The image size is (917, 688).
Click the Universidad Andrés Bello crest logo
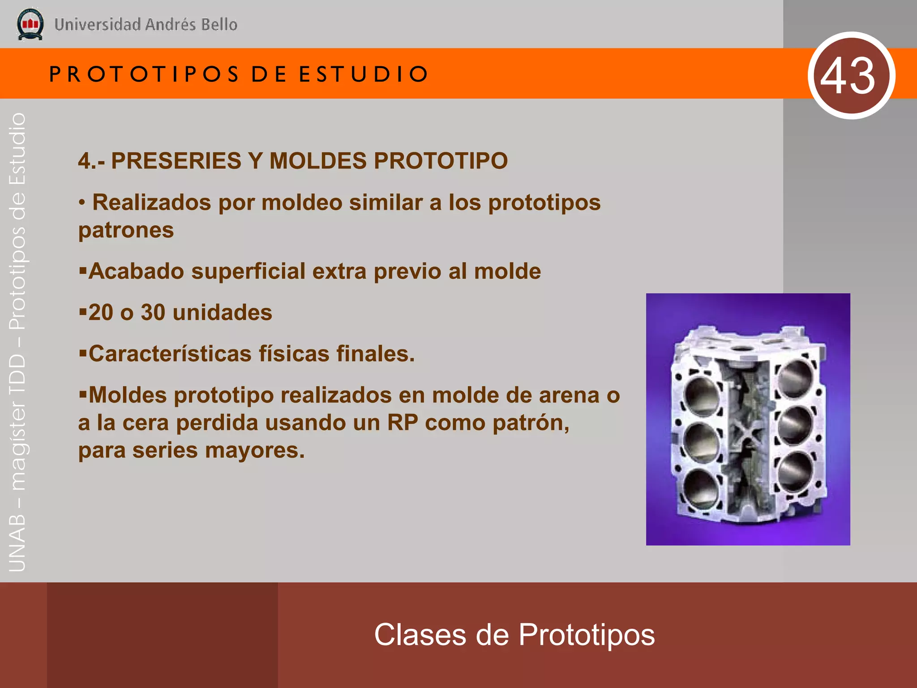pyautogui.click(x=30, y=24)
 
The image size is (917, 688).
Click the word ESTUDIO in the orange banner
pyautogui.click(x=363, y=74)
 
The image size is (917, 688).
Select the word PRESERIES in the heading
pyautogui.click(x=176, y=161)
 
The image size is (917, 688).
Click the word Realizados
pyautogui.click(x=151, y=202)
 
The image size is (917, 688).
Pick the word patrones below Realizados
pyautogui.click(x=126, y=230)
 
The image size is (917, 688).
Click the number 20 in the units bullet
pyautogui.click(x=100, y=313)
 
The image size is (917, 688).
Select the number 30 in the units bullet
pyautogui.click(x=153, y=313)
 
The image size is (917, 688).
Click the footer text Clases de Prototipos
pyautogui.click(x=514, y=635)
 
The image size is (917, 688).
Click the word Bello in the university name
pyautogui.click(x=219, y=25)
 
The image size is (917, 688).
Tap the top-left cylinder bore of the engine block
pyautogui.click(x=702, y=394)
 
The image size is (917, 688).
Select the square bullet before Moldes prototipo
pyautogui.click(x=83, y=394)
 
